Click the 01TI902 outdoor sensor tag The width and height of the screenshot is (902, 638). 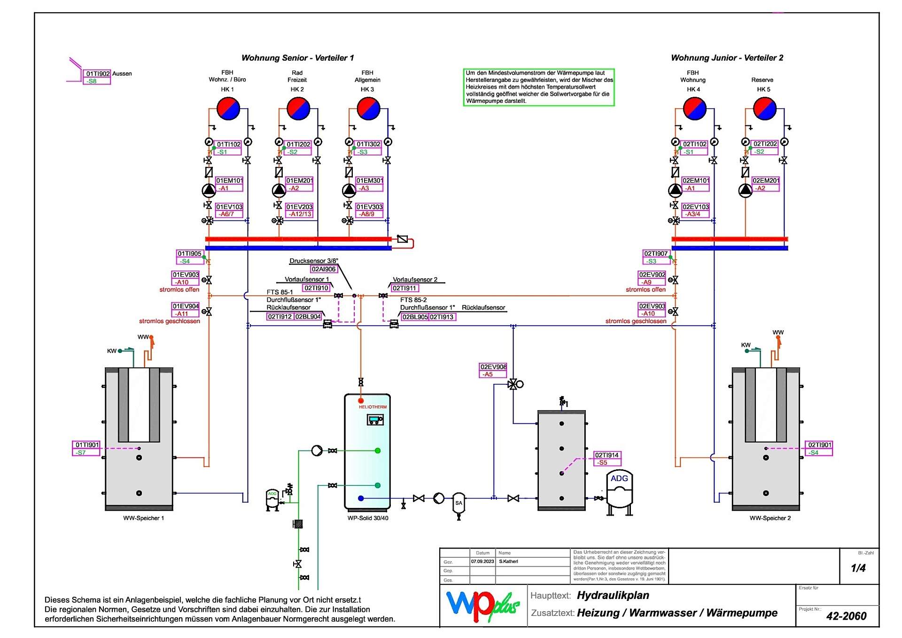pyautogui.click(x=98, y=74)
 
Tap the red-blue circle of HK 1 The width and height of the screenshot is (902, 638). pyautogui.click(x=228, y=109)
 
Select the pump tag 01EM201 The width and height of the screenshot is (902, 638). pyautogui.click(x=299, y=181)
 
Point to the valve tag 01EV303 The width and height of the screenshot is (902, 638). pyautogui.click(x=369, y=207)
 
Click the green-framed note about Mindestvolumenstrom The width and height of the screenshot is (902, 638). pyautogui.click(x=538, y=87)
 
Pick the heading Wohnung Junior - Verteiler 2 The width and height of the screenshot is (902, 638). pyautogui.click(x=727, y=58)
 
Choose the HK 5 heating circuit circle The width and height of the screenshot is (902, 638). pyautogui.click(x=764, y=109)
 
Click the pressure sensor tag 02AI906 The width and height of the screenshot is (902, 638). pyautogui.click(x=324, y=269)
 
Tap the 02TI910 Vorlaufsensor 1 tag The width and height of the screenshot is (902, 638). pyautogui.click(x=316, y=288)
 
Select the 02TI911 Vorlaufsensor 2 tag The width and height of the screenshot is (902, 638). pyautogui.click(x=404, y=288)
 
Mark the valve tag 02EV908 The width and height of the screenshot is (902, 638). pyautogui.click(x=493, y=367)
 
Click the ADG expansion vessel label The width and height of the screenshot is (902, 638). pyautogui.click(x=619, y=478)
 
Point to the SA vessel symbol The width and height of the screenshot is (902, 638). pyautogui.click(x=459, y=503)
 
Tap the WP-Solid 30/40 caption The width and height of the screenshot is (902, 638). pyautogui.click(x=368, y=518)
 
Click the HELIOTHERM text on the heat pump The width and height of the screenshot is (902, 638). pyautogui.click(x=373, y=407)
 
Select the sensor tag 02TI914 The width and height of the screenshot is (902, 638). pyautogui.click(x=607, y=455)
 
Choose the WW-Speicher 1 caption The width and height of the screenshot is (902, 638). pyautogui.click(x=143, y=518)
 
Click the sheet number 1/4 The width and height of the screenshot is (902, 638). pyautogui.click(x=858, y=568)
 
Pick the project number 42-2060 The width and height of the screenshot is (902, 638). pyautogui.click(x=846, y=616)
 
